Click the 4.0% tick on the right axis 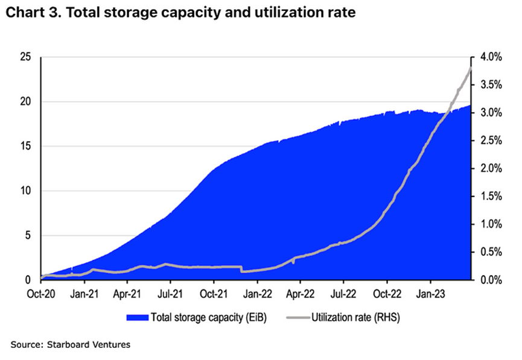491,57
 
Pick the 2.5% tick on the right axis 491,141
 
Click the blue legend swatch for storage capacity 136,317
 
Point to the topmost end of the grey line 470,68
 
